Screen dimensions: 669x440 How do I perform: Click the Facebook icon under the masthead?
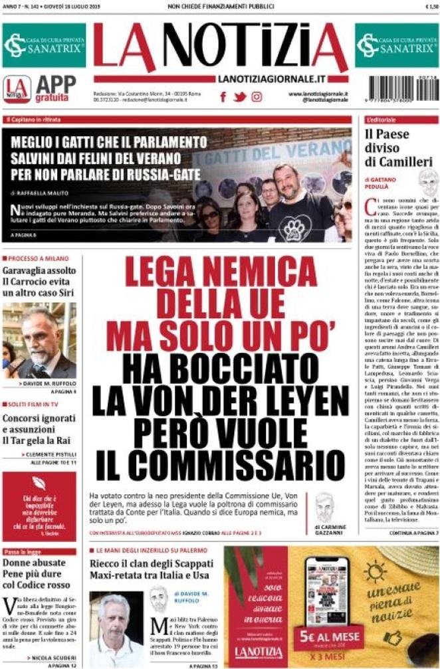pos(223,97)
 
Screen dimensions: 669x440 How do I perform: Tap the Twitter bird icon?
pos(239,97)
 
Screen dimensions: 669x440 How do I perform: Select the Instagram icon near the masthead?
pos(257,97)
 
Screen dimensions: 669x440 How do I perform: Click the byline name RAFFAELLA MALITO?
pos(46,193)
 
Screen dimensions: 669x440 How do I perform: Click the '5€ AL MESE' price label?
pos(328,636)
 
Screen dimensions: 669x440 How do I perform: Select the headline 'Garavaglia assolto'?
pos(39,271)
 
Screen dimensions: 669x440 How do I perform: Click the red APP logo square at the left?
pos(17,89)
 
